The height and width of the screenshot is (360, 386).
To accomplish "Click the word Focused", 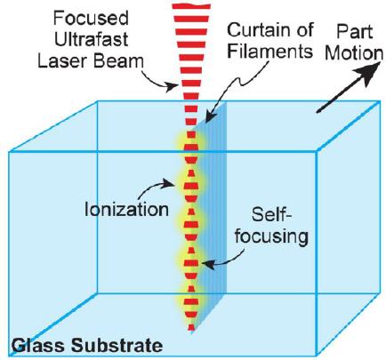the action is pyautogui.click(x=91, y=19).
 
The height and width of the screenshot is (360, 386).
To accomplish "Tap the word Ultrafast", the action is pyautogui.click(x=92, y=40).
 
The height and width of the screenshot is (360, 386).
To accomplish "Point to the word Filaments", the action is pyautogui.click(x=270, y=51).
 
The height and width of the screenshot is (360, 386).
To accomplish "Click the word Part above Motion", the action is pyautogui.click(x=355, y=32).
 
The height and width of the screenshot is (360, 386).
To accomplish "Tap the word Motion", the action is pyautogui.click(x=354, y=53).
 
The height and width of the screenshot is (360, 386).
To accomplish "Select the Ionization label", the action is pyautogui.click(x=126, y=209).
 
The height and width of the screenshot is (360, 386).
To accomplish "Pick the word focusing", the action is pyautogui.click(x=272, y=237).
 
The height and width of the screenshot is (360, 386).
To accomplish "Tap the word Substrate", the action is pyautogui.click(x=117, y=345).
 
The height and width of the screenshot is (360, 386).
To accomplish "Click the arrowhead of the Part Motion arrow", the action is pyautogui.click(x=370, y=71).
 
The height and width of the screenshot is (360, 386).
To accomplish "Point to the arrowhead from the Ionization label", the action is pyautogui.click(x=170, y=183).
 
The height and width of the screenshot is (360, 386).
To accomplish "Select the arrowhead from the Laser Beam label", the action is pyautogui.click(x=173, y=86).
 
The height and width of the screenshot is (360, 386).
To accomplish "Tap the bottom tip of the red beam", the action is pyautogui.click(x=192, y=330).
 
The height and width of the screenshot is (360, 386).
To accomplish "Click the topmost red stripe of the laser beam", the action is pyautogui.click(x=191, y=6).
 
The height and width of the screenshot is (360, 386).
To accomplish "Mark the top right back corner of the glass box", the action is pyautogui.click(x=380, y=101).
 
